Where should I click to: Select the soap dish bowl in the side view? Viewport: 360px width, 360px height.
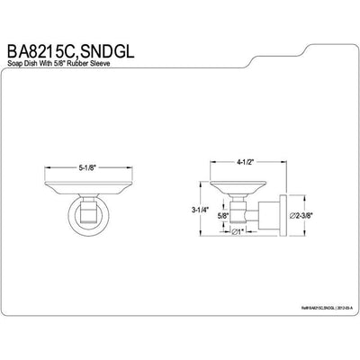coord(237,189)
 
